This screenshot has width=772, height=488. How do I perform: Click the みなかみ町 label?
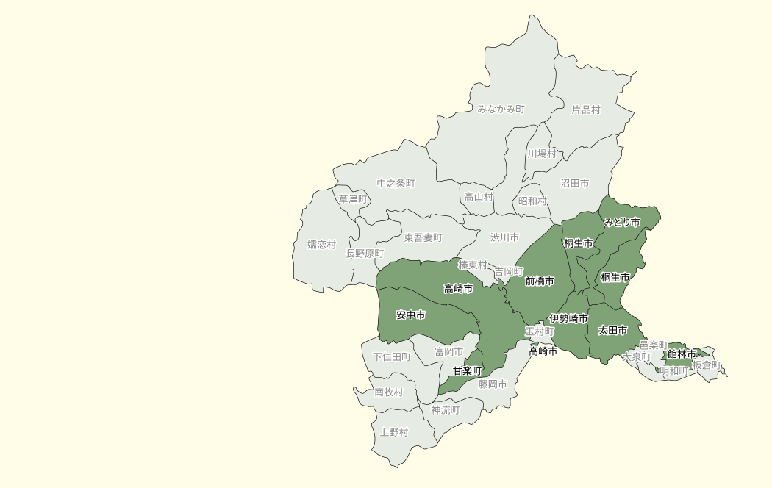point(501,109)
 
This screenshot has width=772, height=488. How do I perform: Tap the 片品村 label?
point(586,110)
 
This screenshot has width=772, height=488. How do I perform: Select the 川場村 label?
point(541,154)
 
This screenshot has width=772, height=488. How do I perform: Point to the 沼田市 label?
point(574,183)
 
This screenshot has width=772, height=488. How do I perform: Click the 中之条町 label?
point(396,183)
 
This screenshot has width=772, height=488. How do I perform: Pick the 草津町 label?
point(353,199)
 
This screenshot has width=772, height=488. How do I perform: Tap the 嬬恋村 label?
point(321,245)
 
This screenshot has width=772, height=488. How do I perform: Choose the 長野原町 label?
point(365,253)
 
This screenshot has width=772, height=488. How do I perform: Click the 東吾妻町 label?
point(423,237)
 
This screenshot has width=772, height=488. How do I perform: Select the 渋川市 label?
point(504,237)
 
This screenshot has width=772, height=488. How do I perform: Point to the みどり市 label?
point(621,222)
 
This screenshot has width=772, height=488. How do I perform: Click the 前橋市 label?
point(539,281)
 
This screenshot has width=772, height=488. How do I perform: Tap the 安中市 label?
point(410,315)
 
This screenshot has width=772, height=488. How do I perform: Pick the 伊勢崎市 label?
point(568,318)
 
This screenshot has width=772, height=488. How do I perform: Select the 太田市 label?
point(612,331)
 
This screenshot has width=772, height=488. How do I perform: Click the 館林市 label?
point(682,354)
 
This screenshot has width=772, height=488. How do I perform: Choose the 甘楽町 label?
point(467,370)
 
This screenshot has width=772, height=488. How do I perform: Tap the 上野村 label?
point(393,432)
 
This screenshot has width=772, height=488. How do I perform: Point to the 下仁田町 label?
point(391,357)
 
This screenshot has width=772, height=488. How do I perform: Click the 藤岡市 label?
point(493,384)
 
